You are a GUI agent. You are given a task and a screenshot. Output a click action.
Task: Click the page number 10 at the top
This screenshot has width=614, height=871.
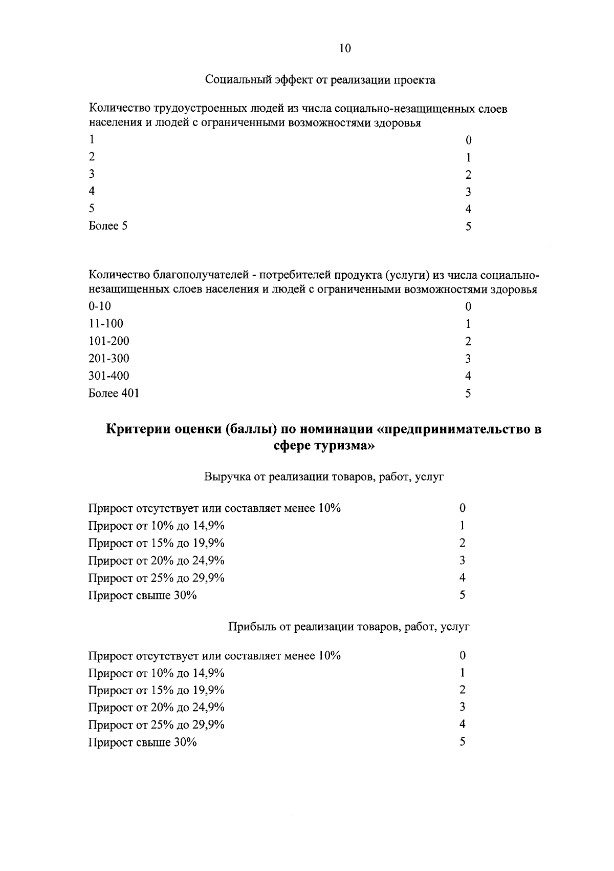(345, 48)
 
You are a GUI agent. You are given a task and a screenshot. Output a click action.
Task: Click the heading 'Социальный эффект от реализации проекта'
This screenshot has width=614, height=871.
(320, 80)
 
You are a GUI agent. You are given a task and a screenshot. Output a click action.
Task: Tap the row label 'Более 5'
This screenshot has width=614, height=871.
(108, 225)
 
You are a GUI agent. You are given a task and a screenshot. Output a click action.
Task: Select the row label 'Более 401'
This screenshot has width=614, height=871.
(114, 393)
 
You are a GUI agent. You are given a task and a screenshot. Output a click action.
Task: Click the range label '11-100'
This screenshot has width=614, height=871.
(106, 323)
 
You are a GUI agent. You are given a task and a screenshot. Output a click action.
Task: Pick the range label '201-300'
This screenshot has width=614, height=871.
(109, 358)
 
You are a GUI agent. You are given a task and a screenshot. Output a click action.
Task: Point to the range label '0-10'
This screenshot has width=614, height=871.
(100, 306)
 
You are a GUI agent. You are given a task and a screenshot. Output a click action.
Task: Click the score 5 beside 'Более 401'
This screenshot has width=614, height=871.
(468, 393)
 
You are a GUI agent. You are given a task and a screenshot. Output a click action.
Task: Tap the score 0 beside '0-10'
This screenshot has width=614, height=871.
(468, 306)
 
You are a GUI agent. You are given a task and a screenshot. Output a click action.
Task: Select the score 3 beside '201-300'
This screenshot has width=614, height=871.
(468, 359)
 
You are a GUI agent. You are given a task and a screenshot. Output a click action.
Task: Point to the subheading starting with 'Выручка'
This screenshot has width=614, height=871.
(324, 476)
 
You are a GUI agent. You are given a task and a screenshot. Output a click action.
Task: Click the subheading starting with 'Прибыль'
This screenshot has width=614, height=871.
(348, 626)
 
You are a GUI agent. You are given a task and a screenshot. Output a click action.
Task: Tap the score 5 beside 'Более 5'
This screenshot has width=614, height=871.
(468, 226)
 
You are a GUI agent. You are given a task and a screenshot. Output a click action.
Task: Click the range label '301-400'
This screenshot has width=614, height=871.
(109, 376)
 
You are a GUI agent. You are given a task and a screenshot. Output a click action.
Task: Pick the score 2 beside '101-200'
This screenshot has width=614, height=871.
(468, 341)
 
